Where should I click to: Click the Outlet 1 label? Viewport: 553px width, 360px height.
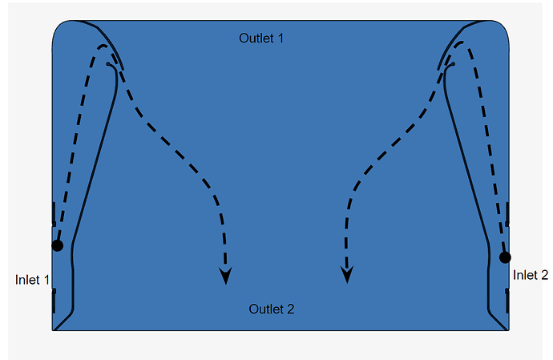(261, 38)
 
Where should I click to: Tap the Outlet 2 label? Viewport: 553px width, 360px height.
(272, 309)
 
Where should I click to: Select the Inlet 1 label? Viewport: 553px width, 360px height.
(33, 280)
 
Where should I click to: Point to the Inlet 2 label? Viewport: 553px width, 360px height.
(531, 275)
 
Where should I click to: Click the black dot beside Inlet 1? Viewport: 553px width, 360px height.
(57, 245)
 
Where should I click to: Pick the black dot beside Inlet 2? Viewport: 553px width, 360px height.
(505, 257)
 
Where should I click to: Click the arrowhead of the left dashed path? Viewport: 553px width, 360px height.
(226, 277)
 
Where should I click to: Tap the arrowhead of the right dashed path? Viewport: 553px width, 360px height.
(347, 276)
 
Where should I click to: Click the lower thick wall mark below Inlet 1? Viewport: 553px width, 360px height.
(54, 301)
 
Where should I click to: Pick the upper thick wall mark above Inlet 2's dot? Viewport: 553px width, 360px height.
(508, 213)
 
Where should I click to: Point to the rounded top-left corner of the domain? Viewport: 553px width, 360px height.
(59, 27)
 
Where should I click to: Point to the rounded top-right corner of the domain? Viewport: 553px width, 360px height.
(503, 27)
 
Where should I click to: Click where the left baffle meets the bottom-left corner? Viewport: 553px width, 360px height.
(55, 327)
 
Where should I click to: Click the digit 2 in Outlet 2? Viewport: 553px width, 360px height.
(291, 309)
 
